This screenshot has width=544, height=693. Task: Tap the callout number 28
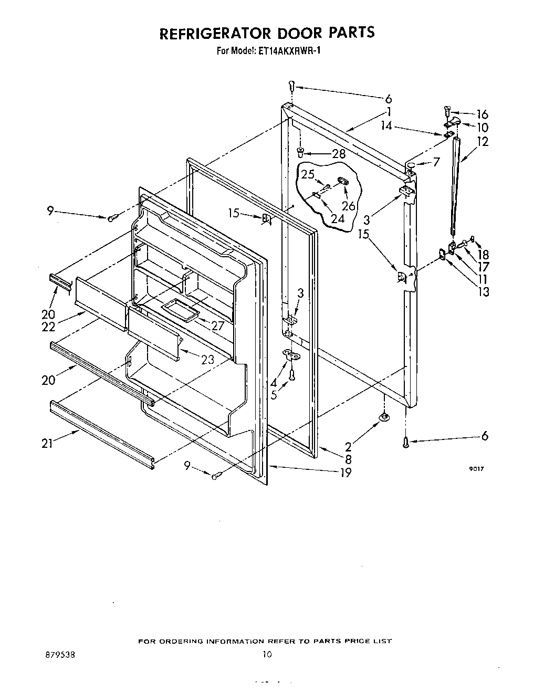(339, 154)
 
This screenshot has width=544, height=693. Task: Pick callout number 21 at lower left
(48, 444)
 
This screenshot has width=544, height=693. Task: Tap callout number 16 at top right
(482, 114)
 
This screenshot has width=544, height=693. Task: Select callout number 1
(389, 111)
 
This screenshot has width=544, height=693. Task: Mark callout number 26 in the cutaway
(348, 206)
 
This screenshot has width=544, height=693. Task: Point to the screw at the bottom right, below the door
(405, 443)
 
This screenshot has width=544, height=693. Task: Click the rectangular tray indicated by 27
(180, 310)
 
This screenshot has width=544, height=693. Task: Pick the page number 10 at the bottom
(267, 655)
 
